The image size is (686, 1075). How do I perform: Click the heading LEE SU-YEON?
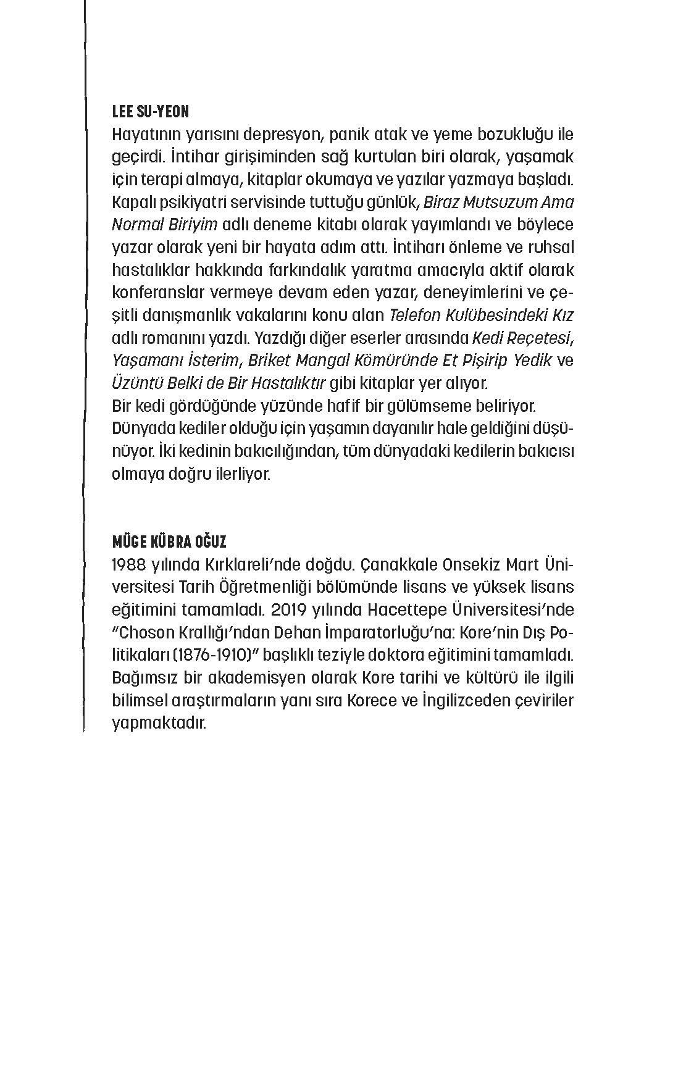tap(150, 112)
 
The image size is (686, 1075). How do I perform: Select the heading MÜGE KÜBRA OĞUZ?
tap(169, 542)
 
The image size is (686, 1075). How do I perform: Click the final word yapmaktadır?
tap(157, 723)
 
